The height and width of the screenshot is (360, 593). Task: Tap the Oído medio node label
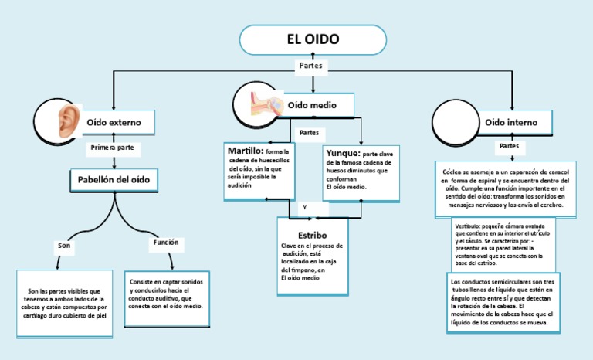click(x=311, y=104)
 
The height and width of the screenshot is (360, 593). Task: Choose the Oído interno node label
click(x=511, y=122)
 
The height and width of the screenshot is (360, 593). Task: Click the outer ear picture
click(x=69, y=122)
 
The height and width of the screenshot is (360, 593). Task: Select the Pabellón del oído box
click(x=114, y=180)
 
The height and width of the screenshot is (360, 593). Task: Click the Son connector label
click(x=65, y=245)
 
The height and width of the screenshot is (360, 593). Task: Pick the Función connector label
click(x=166, y=243)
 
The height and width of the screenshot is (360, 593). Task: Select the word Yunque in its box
click(x=342, y=153)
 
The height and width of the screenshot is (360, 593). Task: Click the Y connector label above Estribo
click(x=305, y=208)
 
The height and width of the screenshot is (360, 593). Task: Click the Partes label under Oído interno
click(x=509, y=145)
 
